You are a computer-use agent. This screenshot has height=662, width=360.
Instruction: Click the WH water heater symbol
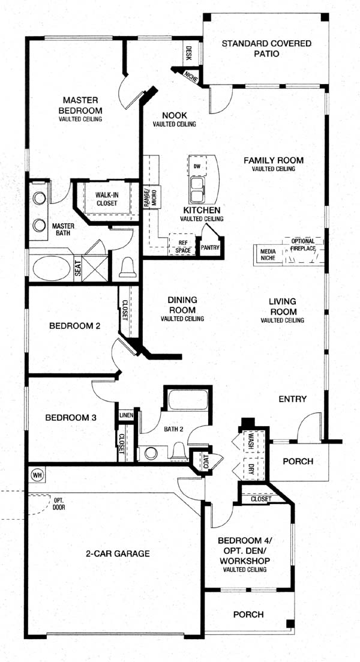pyautogui.click(x=37, y=475)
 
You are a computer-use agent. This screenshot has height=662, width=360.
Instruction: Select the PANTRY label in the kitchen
pyautogui.click(x=210, y=248)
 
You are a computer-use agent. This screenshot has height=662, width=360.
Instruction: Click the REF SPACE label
pyautogui.click(x=182, y=247)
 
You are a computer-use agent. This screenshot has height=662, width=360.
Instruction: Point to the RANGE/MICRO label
pyautogui.click(x=151, y=197)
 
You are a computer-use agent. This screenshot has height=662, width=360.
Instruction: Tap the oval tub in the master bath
pyautogui.click(x=52, y=268)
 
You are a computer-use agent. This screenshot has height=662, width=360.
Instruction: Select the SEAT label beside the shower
pyautogui.click(x=78, y=268)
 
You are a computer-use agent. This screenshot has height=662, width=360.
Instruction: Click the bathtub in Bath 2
pyautogui.click(x=188, y=399)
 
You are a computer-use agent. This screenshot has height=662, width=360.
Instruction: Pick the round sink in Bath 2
pyautogui.click(x=151, y=453)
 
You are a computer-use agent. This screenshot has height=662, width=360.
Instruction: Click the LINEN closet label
pyautogui.click(x=126, y=415)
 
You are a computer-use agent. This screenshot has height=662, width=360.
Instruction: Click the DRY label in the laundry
pyautogui.click(x=251, y=468)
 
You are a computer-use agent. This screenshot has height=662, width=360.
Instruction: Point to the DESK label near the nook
pyautogui.click(x=188, y=53)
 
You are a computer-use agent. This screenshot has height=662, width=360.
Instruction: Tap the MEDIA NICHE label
pyautogui.click(x=268, y=254)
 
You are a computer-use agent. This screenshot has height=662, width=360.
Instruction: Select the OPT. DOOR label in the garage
pyautogui.click(x=59, y=504)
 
